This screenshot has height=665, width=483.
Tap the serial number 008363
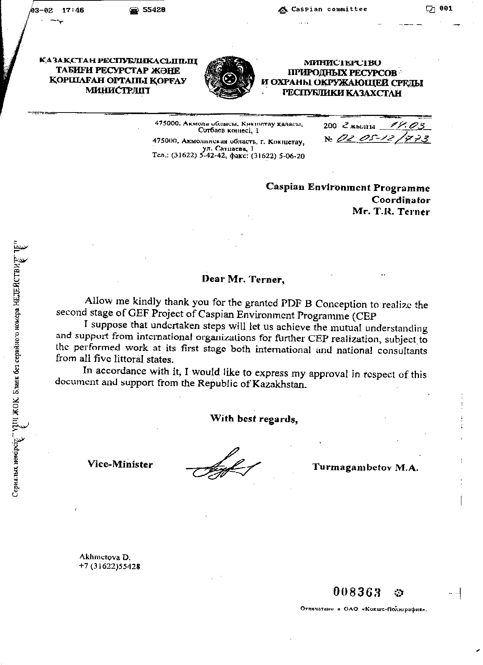(x=357, y=591)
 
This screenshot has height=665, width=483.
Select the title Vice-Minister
(x=120, y=465)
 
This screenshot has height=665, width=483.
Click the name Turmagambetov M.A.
(x=365, y=467)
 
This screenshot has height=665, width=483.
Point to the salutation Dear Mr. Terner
(x=242, y=280)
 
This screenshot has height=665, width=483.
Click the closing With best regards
(x=254, y=419)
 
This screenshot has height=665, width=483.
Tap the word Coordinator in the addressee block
(x=400, y=200)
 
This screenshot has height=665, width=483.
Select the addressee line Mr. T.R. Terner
(x=391, y=211)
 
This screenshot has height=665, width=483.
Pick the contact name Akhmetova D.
(x=105, y=557)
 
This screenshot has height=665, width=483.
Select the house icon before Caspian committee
(x=283, y=10)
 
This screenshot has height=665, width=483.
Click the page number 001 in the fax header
(x=446, y=9)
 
